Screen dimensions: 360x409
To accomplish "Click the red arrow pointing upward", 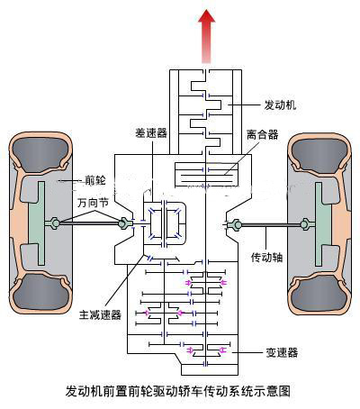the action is pos(206,36).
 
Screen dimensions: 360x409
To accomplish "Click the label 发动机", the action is pos(280,105).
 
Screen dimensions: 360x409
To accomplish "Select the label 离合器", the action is pos(263,134).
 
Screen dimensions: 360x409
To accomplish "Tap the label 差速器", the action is pos(151,132).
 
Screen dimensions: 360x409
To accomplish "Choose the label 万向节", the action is pos(93,203).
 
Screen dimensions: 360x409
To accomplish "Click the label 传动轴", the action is pos(266,257).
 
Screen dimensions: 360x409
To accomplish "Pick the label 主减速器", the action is pos(100,314).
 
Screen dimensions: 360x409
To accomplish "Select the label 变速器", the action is pos(282,352).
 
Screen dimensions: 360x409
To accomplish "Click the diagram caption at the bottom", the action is pos(178,391).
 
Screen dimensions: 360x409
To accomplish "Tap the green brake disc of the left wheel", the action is pos(37,223).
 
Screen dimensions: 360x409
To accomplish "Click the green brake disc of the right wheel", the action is pos(323,224).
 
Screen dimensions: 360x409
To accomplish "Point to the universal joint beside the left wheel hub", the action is pos(54,223).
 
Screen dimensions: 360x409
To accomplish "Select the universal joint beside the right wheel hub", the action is pos(305,224).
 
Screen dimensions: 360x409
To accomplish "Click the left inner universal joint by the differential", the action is pos(124,223).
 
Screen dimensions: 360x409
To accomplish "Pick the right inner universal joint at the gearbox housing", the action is pos(234,224).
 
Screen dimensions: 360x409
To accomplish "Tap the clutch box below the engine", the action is pos(206,175).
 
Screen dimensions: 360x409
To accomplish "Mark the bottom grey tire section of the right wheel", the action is pos(319,295).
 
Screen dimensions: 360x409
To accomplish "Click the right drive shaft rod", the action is pos(271,224).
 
